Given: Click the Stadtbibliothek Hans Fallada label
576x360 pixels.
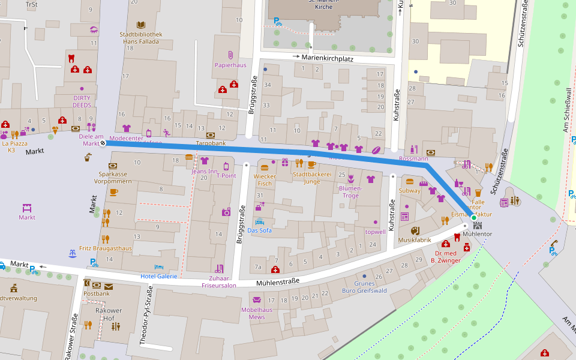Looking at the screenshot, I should click(140, 38).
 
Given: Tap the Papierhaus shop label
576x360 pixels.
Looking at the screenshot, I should click(230, 65).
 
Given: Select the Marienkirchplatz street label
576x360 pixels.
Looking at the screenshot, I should click(327, 58).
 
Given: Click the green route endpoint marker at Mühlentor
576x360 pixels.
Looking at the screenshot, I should click(473, 217).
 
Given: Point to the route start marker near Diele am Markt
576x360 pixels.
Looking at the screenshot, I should click(103, 143).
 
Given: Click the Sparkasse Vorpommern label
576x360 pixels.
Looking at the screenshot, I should click(113, 177).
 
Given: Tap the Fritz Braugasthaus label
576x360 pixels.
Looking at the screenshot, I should click(105, 248).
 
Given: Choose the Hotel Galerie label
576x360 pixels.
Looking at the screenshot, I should click(158, 276).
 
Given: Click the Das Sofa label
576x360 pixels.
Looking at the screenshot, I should click(260, 230).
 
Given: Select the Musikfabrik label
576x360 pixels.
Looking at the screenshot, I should click(415, 239).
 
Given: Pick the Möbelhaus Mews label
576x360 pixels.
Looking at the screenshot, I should click(257, 313).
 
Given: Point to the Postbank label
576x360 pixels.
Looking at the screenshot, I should click(96, 293).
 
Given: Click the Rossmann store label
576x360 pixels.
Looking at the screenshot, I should click(413, 158).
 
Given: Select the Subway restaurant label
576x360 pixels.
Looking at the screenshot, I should click(410, 191).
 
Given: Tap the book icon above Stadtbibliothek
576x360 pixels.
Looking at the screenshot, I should click(140, 25).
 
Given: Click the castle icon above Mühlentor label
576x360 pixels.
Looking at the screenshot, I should click(478, 226).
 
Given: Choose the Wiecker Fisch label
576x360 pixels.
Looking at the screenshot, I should click(265, 180).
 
